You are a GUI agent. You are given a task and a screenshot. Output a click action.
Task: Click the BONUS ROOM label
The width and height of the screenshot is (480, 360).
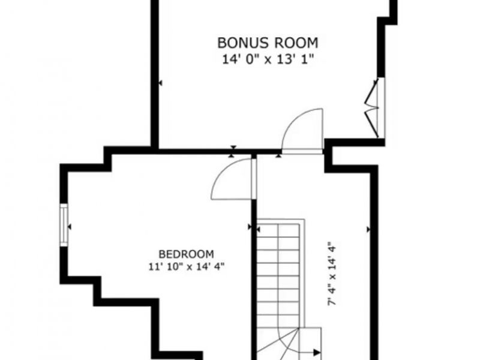click(x=268, y=43)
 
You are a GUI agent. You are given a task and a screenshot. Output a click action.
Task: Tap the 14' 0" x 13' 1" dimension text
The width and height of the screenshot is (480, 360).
click(x=268, y=59)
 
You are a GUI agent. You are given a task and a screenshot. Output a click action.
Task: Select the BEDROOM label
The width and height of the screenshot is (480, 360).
click(x=186, y=254)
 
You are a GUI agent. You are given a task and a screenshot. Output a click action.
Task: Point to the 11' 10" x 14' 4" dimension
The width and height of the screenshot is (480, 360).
click(x=187, y=266)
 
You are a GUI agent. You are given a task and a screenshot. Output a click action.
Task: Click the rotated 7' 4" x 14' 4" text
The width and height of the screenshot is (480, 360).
click(x=332, y=274)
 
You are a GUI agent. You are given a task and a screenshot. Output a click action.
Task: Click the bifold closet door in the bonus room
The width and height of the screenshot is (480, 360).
click(x=372, y=108)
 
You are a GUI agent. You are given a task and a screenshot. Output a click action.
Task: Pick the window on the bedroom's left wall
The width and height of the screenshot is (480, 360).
click(x=64, y=225)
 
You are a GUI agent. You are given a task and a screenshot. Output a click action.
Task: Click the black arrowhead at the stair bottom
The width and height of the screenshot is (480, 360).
click(x=317, y=352)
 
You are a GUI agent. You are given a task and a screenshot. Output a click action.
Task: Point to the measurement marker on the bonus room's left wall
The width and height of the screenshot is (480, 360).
click(x=160, y=83)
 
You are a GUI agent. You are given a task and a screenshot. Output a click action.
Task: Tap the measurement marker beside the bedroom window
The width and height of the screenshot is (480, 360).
click(x=70, y=227)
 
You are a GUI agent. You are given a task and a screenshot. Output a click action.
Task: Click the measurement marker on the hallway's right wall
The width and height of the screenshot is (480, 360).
click(x=368, y=229)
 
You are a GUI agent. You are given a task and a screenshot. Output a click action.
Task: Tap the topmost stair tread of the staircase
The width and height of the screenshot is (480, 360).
click(x=278, y=230)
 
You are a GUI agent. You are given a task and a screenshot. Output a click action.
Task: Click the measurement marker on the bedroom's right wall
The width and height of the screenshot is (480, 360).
click(x=250, y=227)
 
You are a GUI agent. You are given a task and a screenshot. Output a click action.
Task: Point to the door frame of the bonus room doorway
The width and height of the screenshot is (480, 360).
click(x=302, y=152)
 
